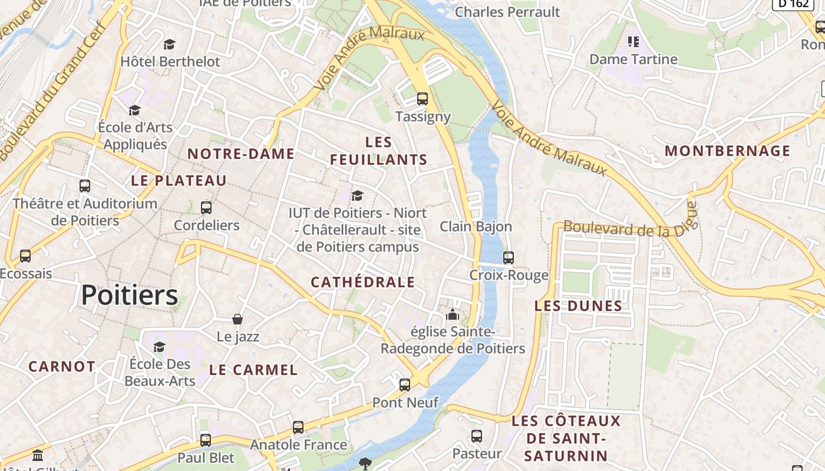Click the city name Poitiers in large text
pos(129,295)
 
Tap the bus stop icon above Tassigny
pos(423,98)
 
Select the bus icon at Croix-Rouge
pos(508,257)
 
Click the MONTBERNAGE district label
pos(728,151)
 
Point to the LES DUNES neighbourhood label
pos(578,306)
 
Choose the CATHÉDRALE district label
pos(363,282)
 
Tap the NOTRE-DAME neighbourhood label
pos(241,154)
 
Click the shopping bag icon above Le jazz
pos(237,319)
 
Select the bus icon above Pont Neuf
pos(405,384)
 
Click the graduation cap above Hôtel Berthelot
pos(170,44)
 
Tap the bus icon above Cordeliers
pos(206,207)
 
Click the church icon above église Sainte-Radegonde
pos(453,314)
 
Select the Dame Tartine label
pos(633,59)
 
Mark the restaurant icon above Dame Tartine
pos(633,41)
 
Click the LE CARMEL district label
pos(253,370)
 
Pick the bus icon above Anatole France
pos(298,427)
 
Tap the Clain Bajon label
pos(476,226)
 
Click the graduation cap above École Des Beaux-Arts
pos(159,346)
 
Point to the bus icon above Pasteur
pos(477,436)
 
